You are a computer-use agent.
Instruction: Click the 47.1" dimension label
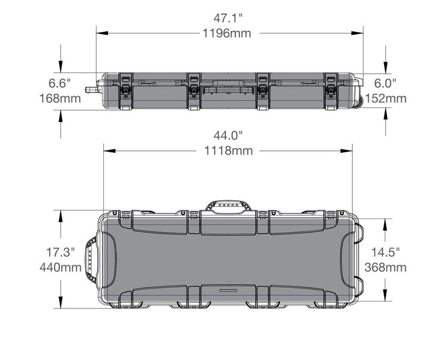pyautogui.click(x=228, y=19)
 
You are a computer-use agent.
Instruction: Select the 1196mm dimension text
pyautogui.click(x=227, y=33)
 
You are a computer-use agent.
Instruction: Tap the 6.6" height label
pyautogui.click(x=60, y=84)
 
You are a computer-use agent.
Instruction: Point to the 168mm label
pyautogui.click(x=60, y=98)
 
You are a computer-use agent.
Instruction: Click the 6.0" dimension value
pyautogui.click(x=385, y=84)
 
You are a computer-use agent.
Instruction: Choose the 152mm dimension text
pyautogui.click(x=386, y=98)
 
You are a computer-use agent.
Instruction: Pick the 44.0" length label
pyautogui.click(x=228, y=135)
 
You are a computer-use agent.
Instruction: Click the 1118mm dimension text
pyautogui.click(x=228, y=151)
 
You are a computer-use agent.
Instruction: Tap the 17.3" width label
pyautogui.click(x=60, y=252)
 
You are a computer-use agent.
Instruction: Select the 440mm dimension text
pyautogui.click(x=61, y=268)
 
